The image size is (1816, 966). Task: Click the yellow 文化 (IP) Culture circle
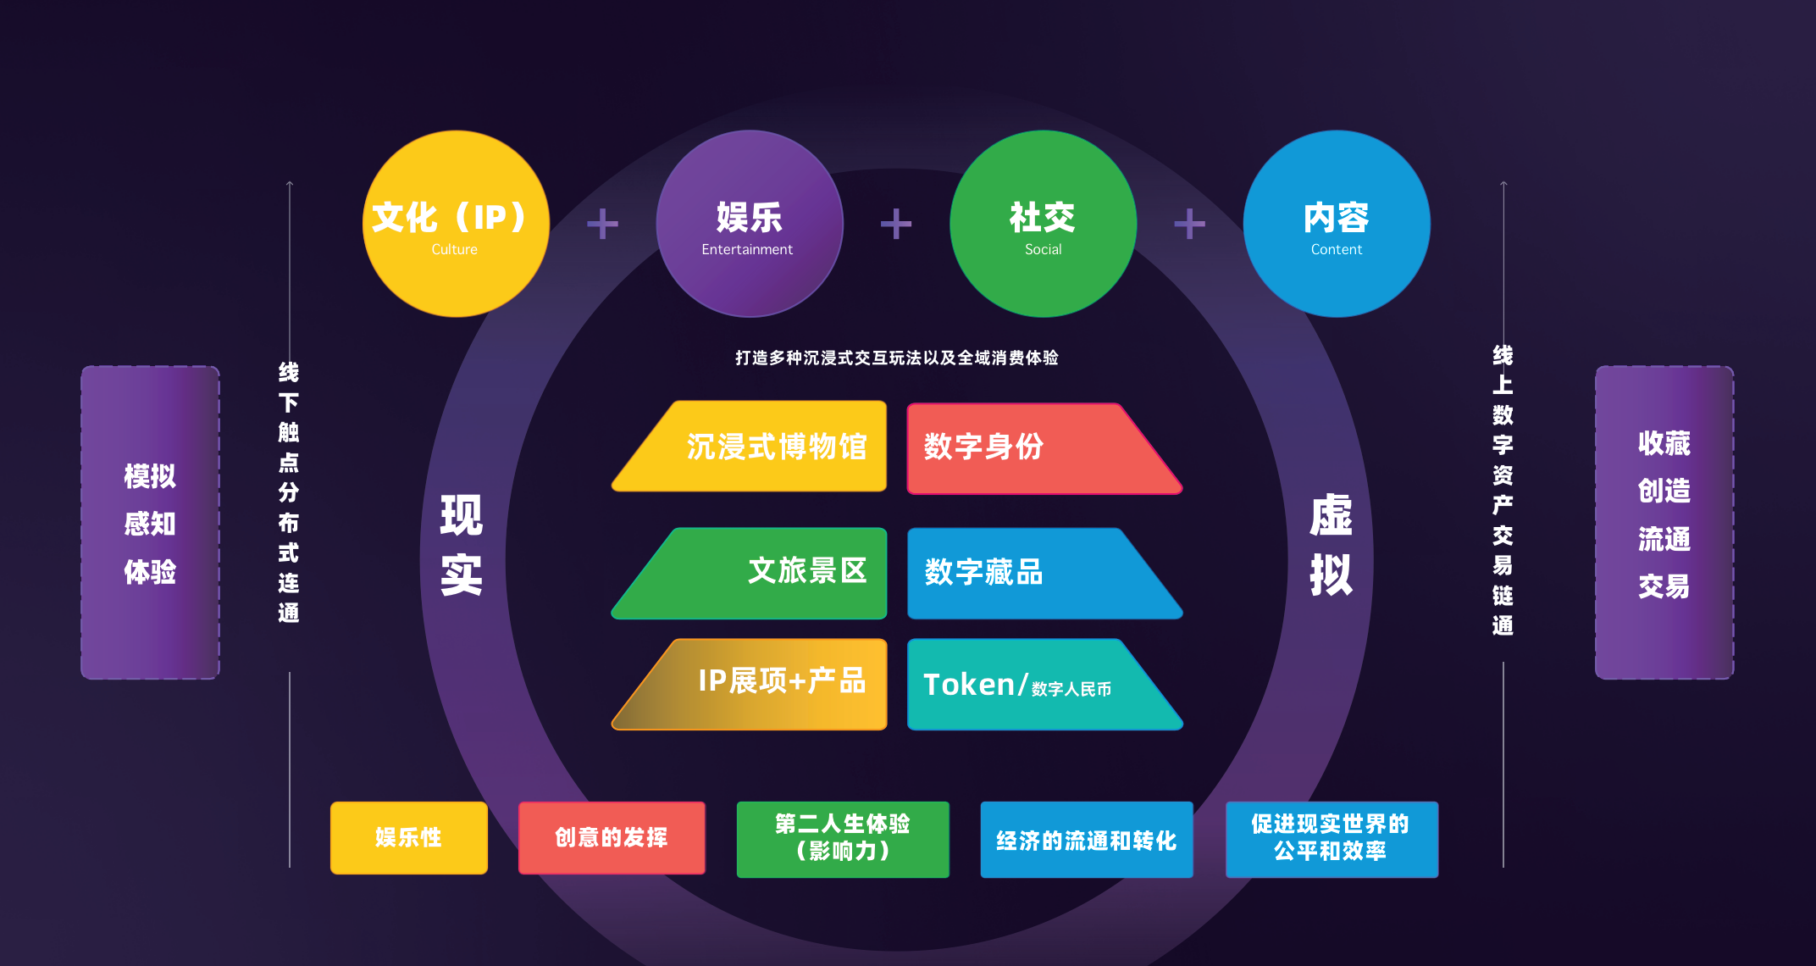click(456, 224)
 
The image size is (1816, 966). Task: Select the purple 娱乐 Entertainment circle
click(749, 224)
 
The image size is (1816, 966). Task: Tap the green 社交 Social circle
click(1043, 224)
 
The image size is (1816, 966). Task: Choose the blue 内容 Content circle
click(1337, 224)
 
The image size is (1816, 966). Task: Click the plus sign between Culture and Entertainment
click(602, 224)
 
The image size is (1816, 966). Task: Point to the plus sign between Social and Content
click(1189, 224)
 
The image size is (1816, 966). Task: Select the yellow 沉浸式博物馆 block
click(762, 447)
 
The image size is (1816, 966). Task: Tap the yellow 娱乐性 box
click(408, 837)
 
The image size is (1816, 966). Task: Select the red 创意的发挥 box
click(611, 837)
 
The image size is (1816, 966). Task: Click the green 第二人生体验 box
click(842, 838)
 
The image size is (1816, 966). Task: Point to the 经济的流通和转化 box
click(1086, 840)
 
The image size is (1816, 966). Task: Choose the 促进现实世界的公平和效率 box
click(1331, 838)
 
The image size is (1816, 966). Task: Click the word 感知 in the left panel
click(150, 524)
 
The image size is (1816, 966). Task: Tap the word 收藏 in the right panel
click(1664, 443)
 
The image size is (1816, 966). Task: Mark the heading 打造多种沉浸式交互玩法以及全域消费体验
click(896, 358)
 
